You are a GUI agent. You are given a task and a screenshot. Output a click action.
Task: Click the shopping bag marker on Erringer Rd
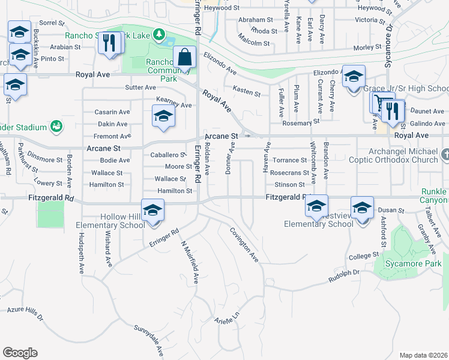(x=185, y=58)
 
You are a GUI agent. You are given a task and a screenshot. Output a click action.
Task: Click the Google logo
(x=20, y=352)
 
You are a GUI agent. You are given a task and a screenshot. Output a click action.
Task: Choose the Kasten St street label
(x=247, y=93)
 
